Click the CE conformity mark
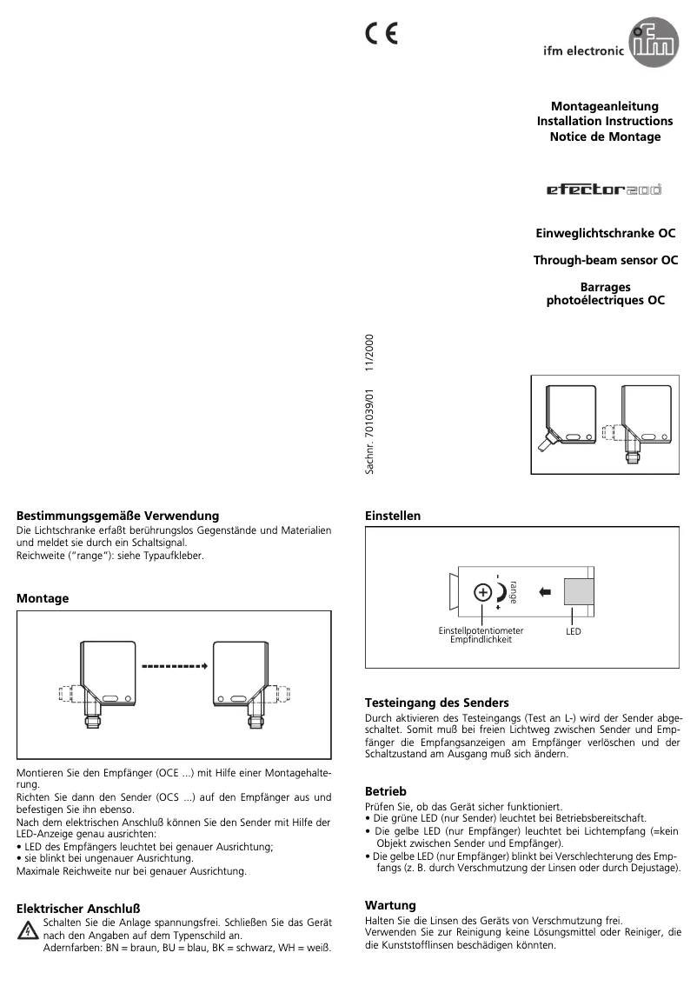pos(381,33)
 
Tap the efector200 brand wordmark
pos(603,188)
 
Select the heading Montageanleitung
pos(605,106)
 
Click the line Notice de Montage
pos(605,137)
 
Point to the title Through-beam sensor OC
pos(605,260)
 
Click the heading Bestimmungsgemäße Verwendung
pos(118,516)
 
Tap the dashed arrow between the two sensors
pos(174,667)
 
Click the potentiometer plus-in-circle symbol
pos(481,593)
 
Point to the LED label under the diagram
pos(574,631)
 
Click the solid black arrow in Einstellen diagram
pos(545,592)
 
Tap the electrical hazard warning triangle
pos(29,932)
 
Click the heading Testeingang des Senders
pos(436,702)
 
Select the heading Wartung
pos(390,905)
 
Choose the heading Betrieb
pos(386,791)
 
